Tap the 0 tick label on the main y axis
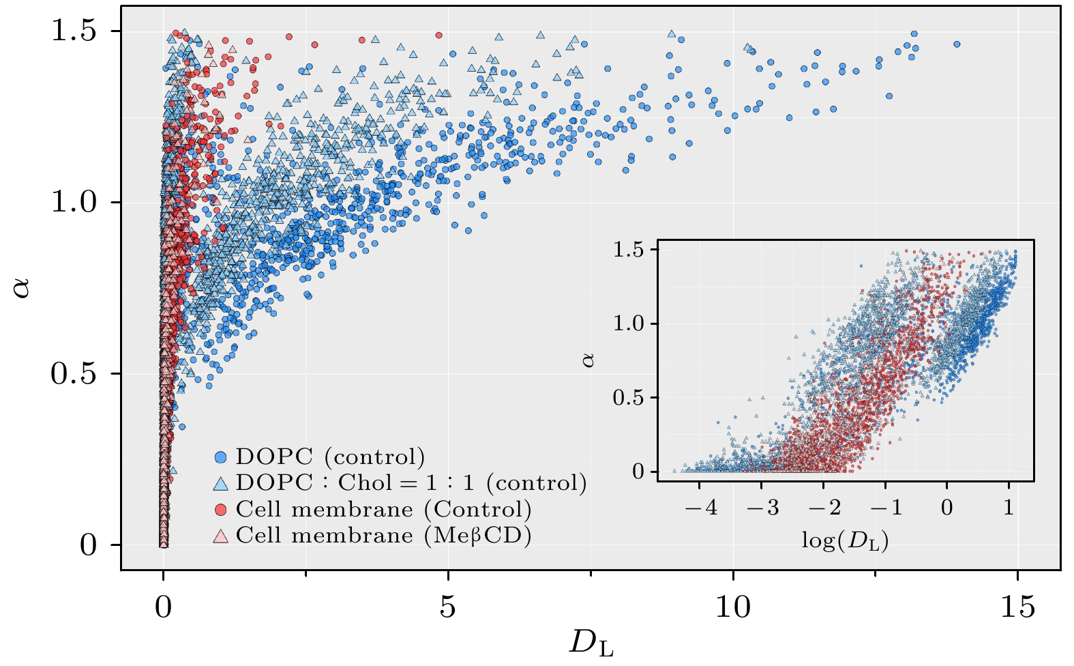point(89,545)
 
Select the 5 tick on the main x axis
point(447,606)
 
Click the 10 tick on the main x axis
point(733,606)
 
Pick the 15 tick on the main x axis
point(1017,606)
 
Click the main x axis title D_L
point(591,644)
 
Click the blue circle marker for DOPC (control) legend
point(220,457)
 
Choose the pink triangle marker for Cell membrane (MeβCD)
point(220,536)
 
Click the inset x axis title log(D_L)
point(845,540)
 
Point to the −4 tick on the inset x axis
point(702,508)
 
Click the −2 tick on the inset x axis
point(824,508)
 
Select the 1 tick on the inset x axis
point(1009,508)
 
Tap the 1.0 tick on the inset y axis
point(629,323)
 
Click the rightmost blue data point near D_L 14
point(957,44)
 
